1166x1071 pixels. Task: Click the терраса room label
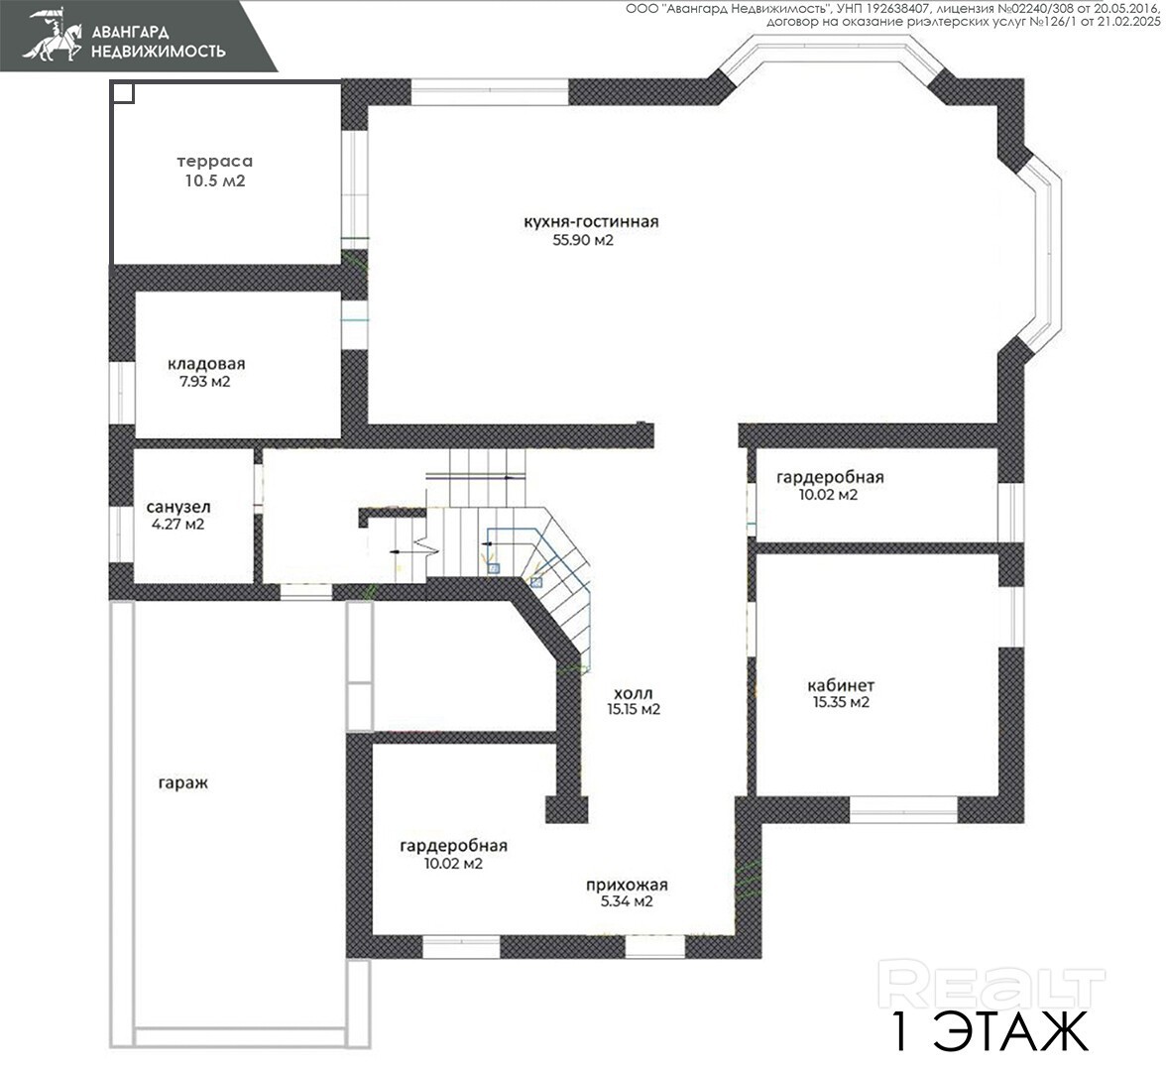[x=215, y=162]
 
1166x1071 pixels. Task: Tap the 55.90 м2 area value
[x=583, y=240]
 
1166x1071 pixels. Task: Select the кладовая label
[x=206, y=365]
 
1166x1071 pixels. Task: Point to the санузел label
[x=178, y=508]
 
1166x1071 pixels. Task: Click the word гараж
[x=182, y=783]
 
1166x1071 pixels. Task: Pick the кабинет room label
[x=841, y=685]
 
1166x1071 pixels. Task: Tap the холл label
[x=634, y=694]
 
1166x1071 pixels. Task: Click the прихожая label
[x=627, y=885]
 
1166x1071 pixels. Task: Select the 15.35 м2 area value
[x=841, y=702]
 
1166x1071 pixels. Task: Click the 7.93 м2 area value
[x=205, y=383]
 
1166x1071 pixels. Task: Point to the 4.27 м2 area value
[x=177, y=525]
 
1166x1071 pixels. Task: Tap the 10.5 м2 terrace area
[x=215, y=180]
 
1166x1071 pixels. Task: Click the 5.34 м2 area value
[x=627, y=902]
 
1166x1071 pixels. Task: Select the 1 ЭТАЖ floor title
[x=990, y=1030]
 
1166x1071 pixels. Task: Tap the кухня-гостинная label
[x=591, y=222]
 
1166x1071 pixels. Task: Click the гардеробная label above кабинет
[x=830, y=478]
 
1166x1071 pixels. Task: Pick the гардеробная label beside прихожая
[x=454, y=847]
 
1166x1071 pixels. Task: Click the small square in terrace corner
[x=123, y=92]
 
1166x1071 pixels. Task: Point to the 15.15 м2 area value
[x=634, y=710]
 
